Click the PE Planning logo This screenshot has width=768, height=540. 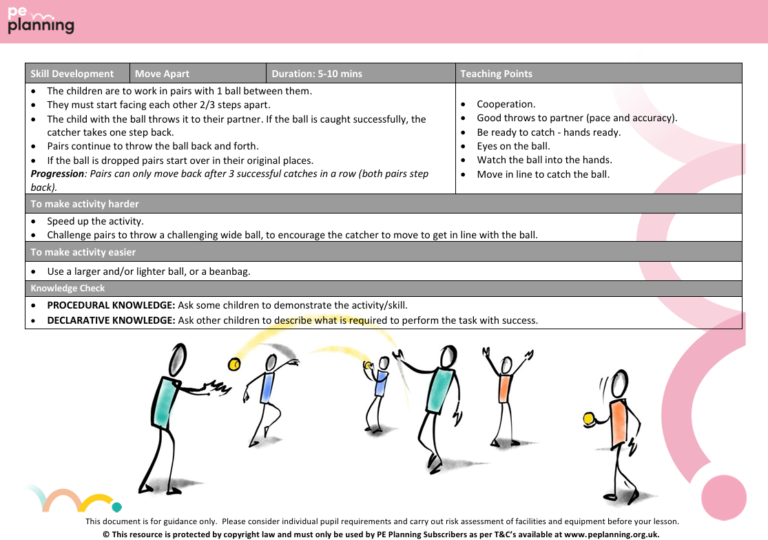[40, 21]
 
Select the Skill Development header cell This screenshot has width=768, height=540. [72, 74]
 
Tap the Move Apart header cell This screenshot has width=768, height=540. [162, 74]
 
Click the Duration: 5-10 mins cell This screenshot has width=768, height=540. [316, 74]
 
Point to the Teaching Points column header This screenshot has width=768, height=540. [496, 74]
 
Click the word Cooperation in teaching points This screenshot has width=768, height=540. [506, 104]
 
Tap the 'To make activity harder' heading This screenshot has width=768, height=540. [85, 204]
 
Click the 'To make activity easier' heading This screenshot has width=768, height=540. [83, 252]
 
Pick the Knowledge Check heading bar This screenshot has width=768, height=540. [68, 289]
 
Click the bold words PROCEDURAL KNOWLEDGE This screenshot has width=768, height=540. [111, 305]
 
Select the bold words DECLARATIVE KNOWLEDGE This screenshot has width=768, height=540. [111, 320]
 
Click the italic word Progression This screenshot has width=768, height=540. [57, 174]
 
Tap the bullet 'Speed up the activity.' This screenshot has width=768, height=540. [95, 221]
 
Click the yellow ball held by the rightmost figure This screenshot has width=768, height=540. [588, 418]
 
